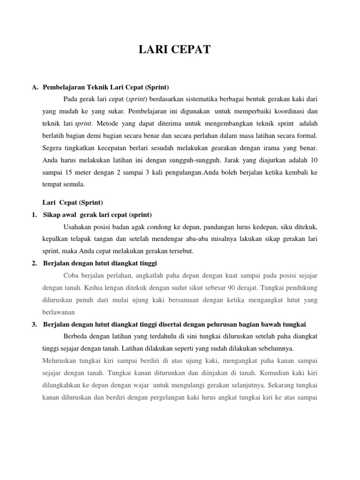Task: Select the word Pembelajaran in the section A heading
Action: coord(64,87)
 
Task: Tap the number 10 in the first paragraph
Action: coord(314,160)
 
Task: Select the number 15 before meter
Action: coord(68,172)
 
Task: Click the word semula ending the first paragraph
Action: coord(74,185)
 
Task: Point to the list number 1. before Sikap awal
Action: coord(34,215)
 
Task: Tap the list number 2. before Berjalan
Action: coord(34,263)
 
